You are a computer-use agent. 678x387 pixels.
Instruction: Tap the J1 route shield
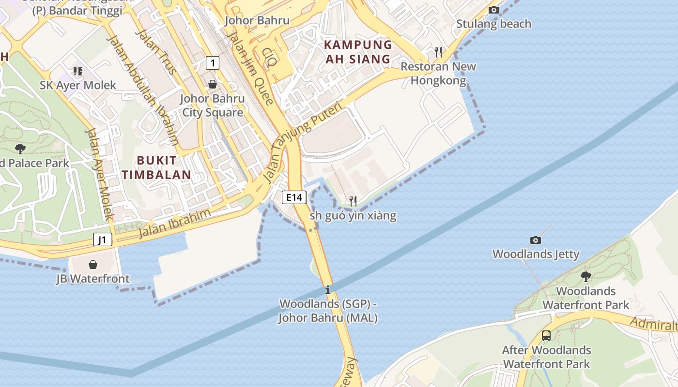coord(103,239)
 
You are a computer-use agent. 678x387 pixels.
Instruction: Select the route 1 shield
coord(212,62)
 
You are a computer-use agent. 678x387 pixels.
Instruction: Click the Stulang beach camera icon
coord(493,10)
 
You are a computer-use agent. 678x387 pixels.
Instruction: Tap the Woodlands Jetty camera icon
coord(535,240)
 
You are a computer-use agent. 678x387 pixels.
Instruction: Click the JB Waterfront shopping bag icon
coord(92,265)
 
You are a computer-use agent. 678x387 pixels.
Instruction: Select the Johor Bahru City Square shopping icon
coord(212,85)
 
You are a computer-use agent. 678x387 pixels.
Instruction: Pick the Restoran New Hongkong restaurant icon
coord(438,52)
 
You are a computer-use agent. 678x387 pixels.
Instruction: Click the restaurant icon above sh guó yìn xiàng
coord(353,201)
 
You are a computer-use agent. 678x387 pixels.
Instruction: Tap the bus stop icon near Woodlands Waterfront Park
coord(546,335)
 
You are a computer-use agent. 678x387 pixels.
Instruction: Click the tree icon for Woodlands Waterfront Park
coord(586,277)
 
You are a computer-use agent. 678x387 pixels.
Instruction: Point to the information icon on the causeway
coord(328,290)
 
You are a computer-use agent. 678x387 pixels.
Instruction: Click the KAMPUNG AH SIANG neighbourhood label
coord(357,52)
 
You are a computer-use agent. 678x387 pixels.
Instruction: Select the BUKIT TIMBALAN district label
coord(156,167)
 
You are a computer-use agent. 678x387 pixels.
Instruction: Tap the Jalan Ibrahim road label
coord(175,223)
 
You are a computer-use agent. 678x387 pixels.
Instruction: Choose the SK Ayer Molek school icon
coord(77,71)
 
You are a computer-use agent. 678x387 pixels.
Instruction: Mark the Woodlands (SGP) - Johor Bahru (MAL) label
coord(328,311)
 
